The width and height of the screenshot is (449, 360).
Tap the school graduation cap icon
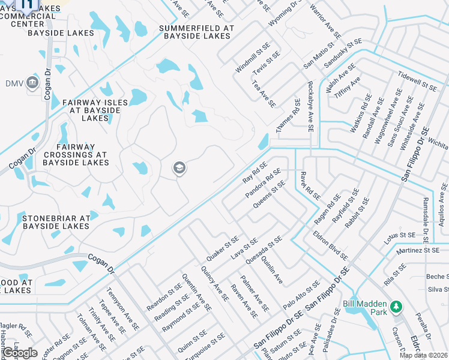(x=178, y=169)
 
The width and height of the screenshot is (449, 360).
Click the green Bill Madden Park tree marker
(x=395, y=307)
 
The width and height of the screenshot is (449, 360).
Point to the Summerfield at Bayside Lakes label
(x=195, y=32)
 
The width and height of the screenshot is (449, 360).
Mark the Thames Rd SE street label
(x=288, y=116)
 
